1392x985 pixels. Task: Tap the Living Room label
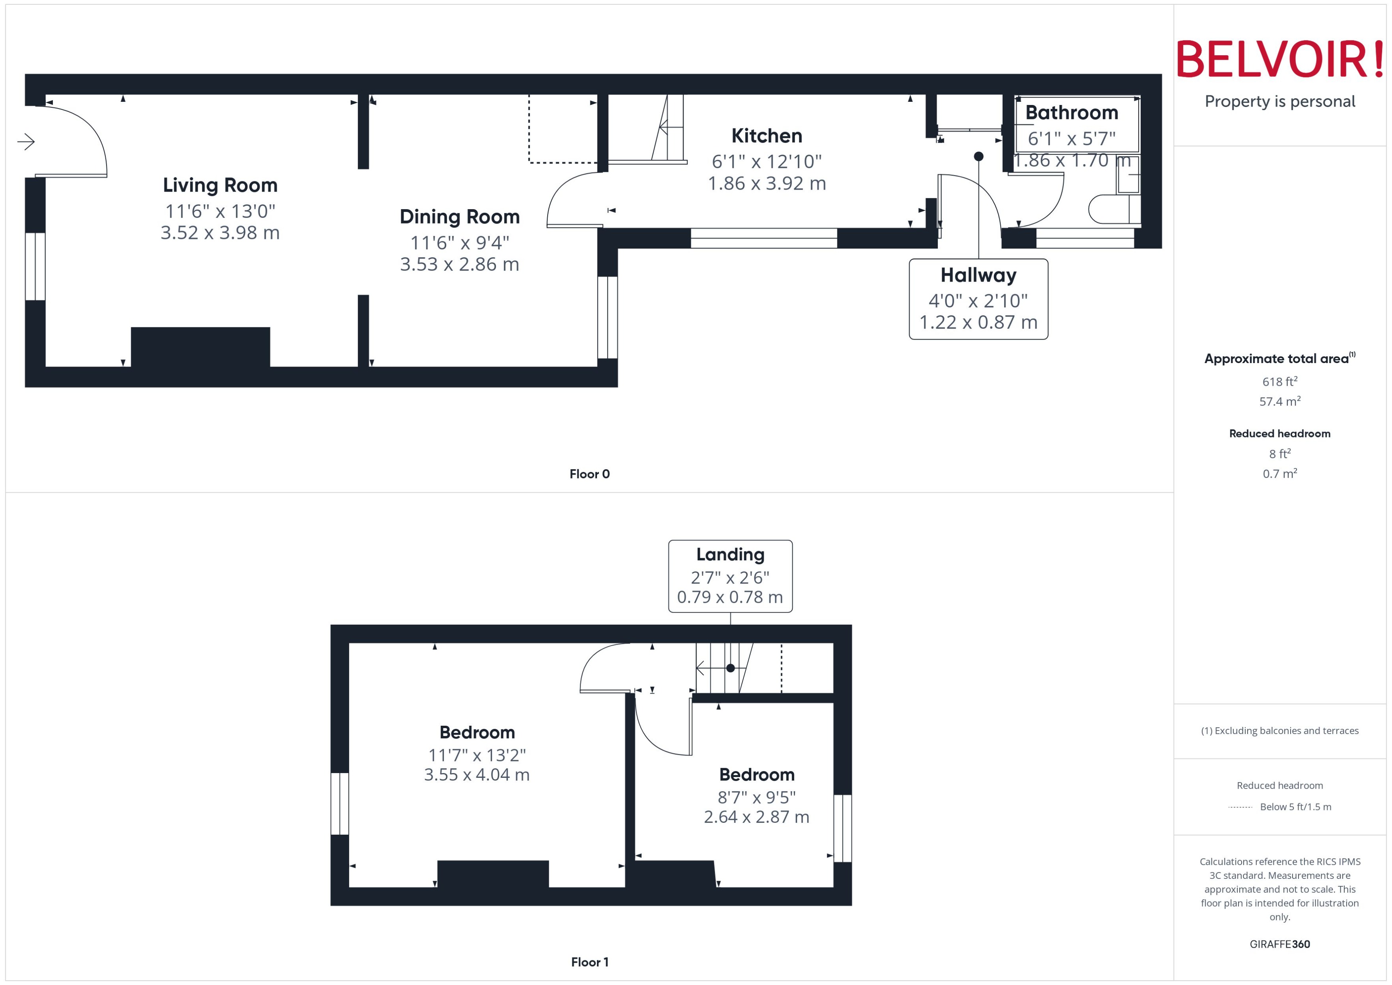click(220, 185)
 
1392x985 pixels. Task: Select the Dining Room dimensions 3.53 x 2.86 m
click(459, 264)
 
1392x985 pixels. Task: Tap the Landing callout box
click(730, 576)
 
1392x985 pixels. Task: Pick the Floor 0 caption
click(589, 474)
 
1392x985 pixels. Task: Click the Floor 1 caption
click(589, 962)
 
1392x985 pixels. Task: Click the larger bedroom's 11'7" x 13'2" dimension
click(477, 755)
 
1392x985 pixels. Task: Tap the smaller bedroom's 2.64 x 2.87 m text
click(756, 817)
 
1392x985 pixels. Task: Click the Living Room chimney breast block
click(200, 347)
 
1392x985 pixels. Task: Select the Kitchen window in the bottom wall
click(764, 238)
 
